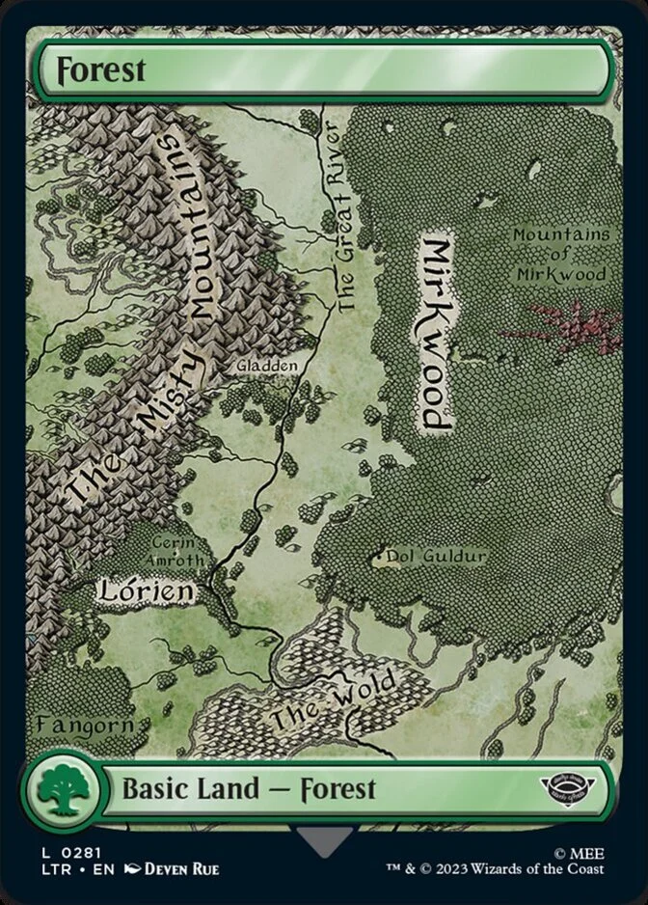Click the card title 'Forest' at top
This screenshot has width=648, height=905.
[x=87, y=70]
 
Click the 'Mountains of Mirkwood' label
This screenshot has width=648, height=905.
[x=560, y=254]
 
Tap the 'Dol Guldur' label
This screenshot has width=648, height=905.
[x=435, y=557]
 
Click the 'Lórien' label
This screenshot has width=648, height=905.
[x=144, y=590]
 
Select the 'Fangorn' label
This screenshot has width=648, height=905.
[x=72, y=723]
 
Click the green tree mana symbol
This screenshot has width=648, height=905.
[x=60, y=790]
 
